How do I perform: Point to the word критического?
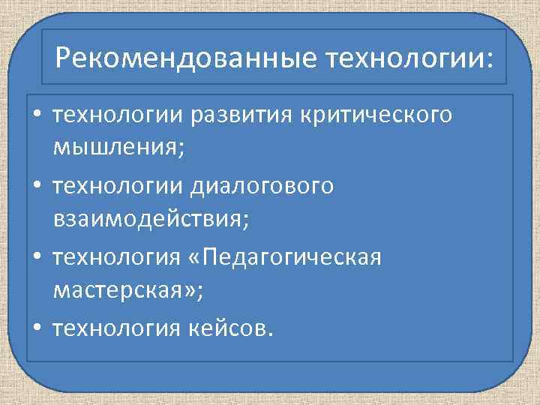376,116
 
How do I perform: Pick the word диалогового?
262,186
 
